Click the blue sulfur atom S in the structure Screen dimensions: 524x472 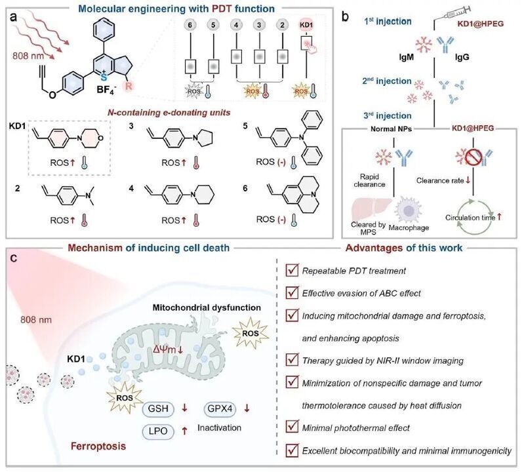tap(104, 77)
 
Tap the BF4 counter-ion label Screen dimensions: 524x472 tap(107, 90)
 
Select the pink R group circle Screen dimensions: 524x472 tap(129, 86)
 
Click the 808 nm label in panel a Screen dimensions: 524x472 tap(28, 56)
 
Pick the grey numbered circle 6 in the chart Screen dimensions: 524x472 tap(190, 25)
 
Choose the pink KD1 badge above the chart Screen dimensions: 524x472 tap(306, 25)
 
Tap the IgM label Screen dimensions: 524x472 tap(406, 57)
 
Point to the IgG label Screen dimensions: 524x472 tap(462, 57)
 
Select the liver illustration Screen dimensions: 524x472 tap(371, 209)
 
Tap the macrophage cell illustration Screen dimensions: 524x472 tap(409, 210)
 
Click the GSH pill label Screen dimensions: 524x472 tap(158, 408)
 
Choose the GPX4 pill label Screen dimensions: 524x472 tap(220, 408)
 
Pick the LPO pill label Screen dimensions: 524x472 tap(158, 431)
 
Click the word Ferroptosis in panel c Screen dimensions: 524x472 tap(98, 446)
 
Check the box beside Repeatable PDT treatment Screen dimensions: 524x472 tap(292, 270)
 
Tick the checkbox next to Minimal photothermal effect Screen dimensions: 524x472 tap(292, 427)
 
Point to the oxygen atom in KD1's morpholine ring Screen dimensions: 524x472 tap(100, 138)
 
